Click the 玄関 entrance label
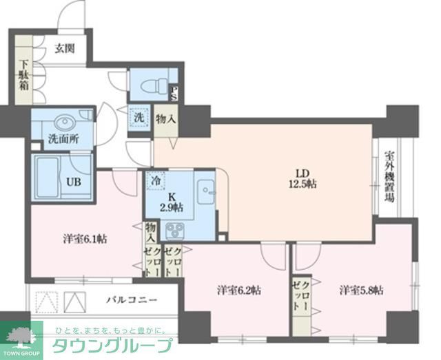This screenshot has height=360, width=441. pyautogui.click(x=66, y=50)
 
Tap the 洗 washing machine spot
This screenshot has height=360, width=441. pyautogui.click(x=139, y=117)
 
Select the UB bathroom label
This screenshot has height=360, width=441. pyautogui.click(x=73, y=182)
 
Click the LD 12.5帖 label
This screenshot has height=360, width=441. pyautogui.click(x=301, y=178)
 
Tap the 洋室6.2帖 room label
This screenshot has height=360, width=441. pyautogui.click(x=238, y=290)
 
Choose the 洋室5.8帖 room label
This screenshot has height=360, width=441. pyautogui.click(x=360, y=290)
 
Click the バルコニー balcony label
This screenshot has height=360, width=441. pyautogui.click(x=132, y=301)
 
